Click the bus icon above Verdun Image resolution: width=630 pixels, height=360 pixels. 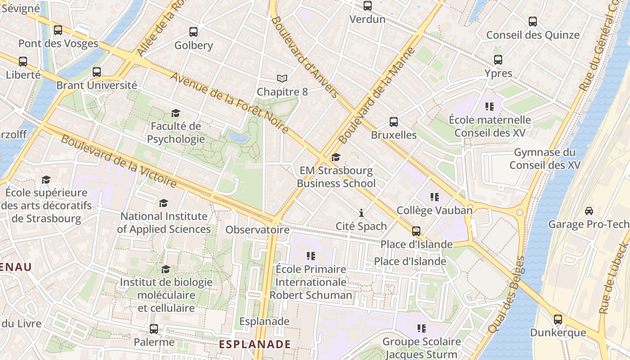coord(368,6)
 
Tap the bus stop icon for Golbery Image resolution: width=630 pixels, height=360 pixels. coord(193,32)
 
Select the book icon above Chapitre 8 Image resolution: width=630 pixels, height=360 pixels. coord(282,79)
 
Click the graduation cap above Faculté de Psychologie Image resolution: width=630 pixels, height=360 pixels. coord(175,113)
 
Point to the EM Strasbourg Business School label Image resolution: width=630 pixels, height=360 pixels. coord(336,177)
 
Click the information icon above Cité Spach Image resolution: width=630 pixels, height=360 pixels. coord(361,213)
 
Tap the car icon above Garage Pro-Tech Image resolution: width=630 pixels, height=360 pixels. coord(589,211)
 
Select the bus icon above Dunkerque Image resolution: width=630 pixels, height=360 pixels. coord(558,319)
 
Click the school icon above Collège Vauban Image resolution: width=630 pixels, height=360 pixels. coord(434,197)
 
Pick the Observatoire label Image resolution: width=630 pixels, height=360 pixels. coord(257,230)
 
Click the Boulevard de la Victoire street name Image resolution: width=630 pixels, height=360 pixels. coord(119,161)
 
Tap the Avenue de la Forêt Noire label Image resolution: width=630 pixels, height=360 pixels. coord(229,103)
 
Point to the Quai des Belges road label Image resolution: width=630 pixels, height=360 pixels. coord(507,295)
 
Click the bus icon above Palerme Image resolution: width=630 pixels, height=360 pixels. coord(154,329)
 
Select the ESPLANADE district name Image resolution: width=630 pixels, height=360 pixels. coord(255,344)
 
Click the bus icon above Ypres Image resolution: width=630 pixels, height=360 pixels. coord(498,60)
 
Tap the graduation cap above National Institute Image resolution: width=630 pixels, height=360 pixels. coord(164,203)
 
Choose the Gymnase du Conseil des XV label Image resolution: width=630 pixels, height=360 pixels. coord(544,159)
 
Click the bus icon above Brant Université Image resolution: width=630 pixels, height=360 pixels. coord(97,72)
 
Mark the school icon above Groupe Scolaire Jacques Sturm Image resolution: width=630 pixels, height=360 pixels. coord(422,328)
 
